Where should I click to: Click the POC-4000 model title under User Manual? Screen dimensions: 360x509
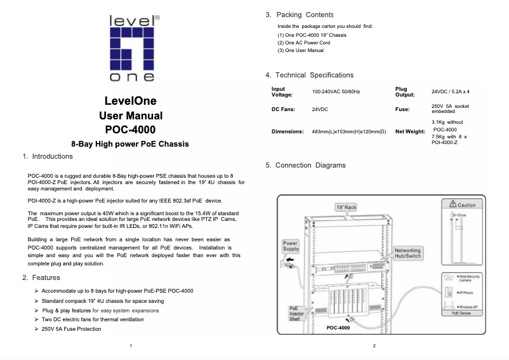[x=130, y=130]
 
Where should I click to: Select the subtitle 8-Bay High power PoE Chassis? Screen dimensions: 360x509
[x=130, y=144]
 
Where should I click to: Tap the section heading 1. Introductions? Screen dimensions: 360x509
[x=48, y=156]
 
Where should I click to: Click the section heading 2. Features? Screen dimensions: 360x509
[x=41, y=277]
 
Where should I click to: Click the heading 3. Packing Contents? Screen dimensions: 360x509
[x=300, y=15]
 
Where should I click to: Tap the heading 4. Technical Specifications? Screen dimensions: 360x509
[x=310, y=75]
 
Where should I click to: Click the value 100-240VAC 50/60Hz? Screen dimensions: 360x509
[x=336, y=92]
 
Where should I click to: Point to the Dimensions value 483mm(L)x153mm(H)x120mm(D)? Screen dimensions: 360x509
[x=348, y=131]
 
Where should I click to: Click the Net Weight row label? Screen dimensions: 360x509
[x=410, y=131]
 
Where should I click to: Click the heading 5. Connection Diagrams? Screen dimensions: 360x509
[x=306, y=165]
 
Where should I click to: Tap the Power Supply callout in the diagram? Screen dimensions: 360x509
[x=290, y=246]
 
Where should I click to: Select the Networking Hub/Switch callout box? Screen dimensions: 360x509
[x=407, y=253]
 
